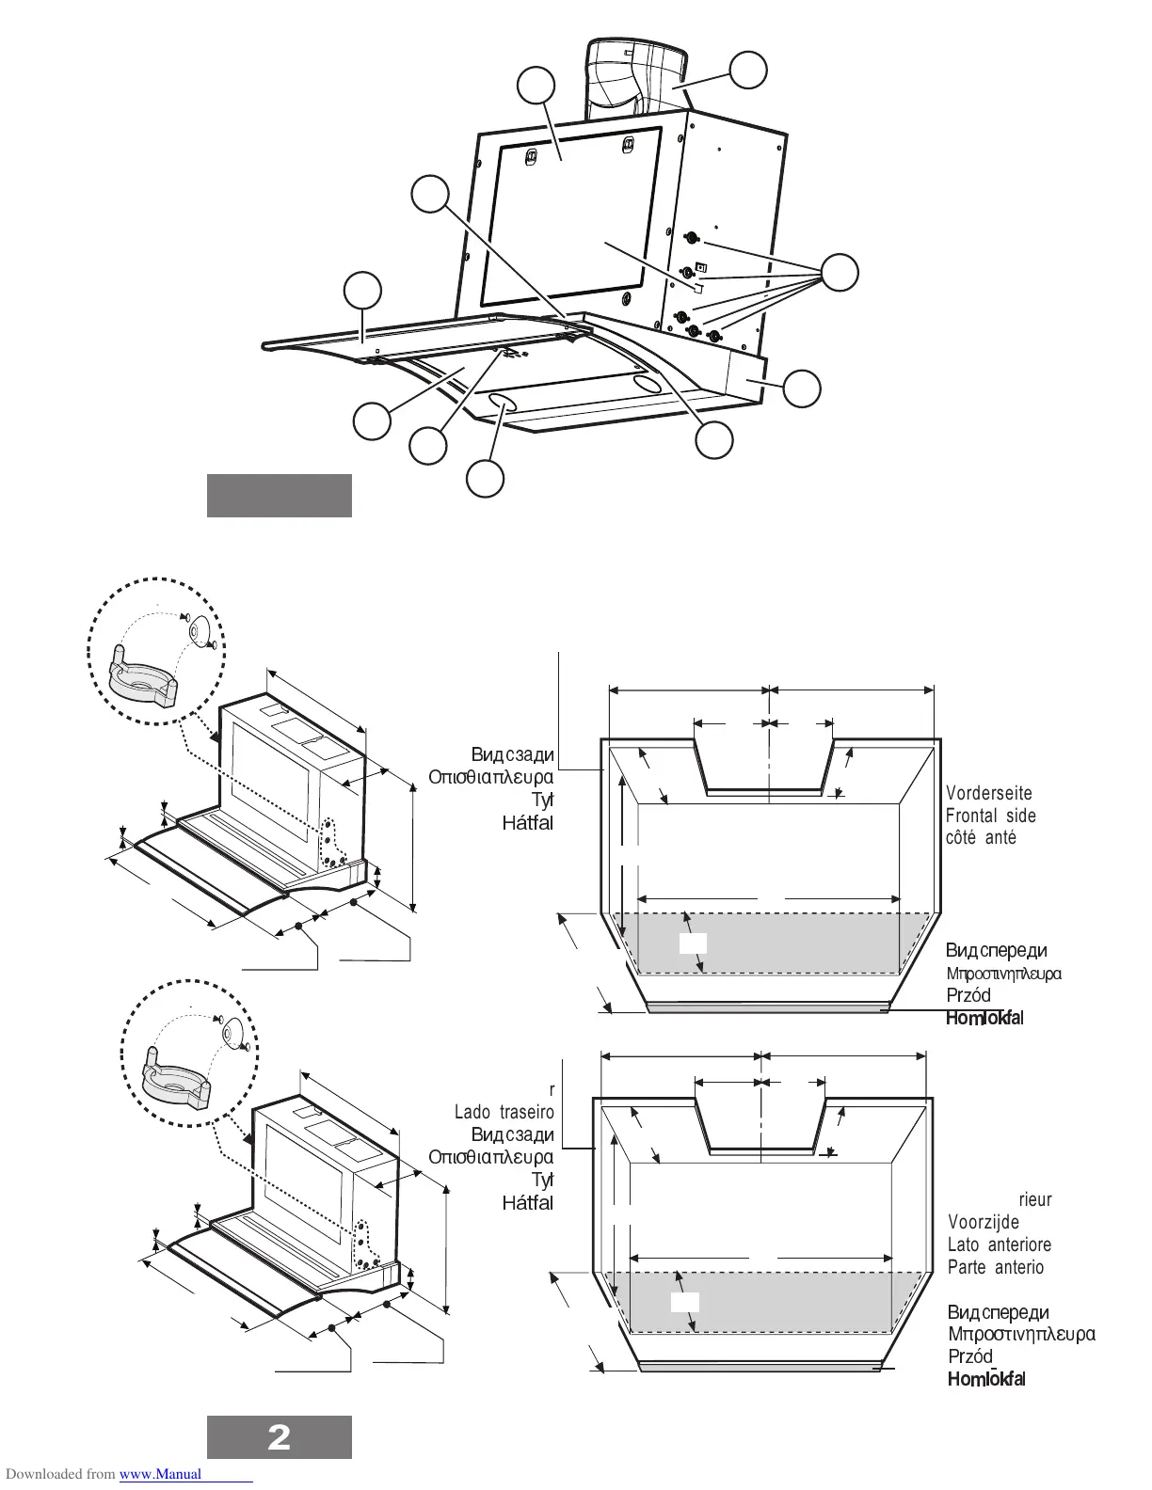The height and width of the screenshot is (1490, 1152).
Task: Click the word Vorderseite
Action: pos(989,794)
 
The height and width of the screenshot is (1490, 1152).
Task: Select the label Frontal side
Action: pos(991,816)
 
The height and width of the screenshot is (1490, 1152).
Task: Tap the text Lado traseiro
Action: pos(504,1112)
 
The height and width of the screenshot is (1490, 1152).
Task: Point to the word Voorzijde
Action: pos(984,1222)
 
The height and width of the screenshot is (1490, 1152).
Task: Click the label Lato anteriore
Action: pos(1000,1244)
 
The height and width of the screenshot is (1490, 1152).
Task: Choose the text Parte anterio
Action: pos(996,1267)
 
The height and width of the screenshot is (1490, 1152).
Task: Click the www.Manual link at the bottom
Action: pos(161,1474)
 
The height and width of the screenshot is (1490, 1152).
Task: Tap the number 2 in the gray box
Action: pos(280,1437)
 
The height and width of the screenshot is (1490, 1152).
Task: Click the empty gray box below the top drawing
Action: pos(280,496)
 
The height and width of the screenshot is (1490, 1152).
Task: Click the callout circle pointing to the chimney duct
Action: pos(748,71)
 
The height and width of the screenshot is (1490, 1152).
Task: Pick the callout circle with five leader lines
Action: pos(840,273)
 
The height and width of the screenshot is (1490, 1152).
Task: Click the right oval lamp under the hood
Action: pos(647,385)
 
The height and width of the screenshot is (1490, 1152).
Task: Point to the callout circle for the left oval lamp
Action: pos(485,479)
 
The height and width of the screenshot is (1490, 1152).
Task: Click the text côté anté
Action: pos(981,837)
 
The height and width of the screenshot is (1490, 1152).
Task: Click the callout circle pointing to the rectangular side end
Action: pos(802,388)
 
